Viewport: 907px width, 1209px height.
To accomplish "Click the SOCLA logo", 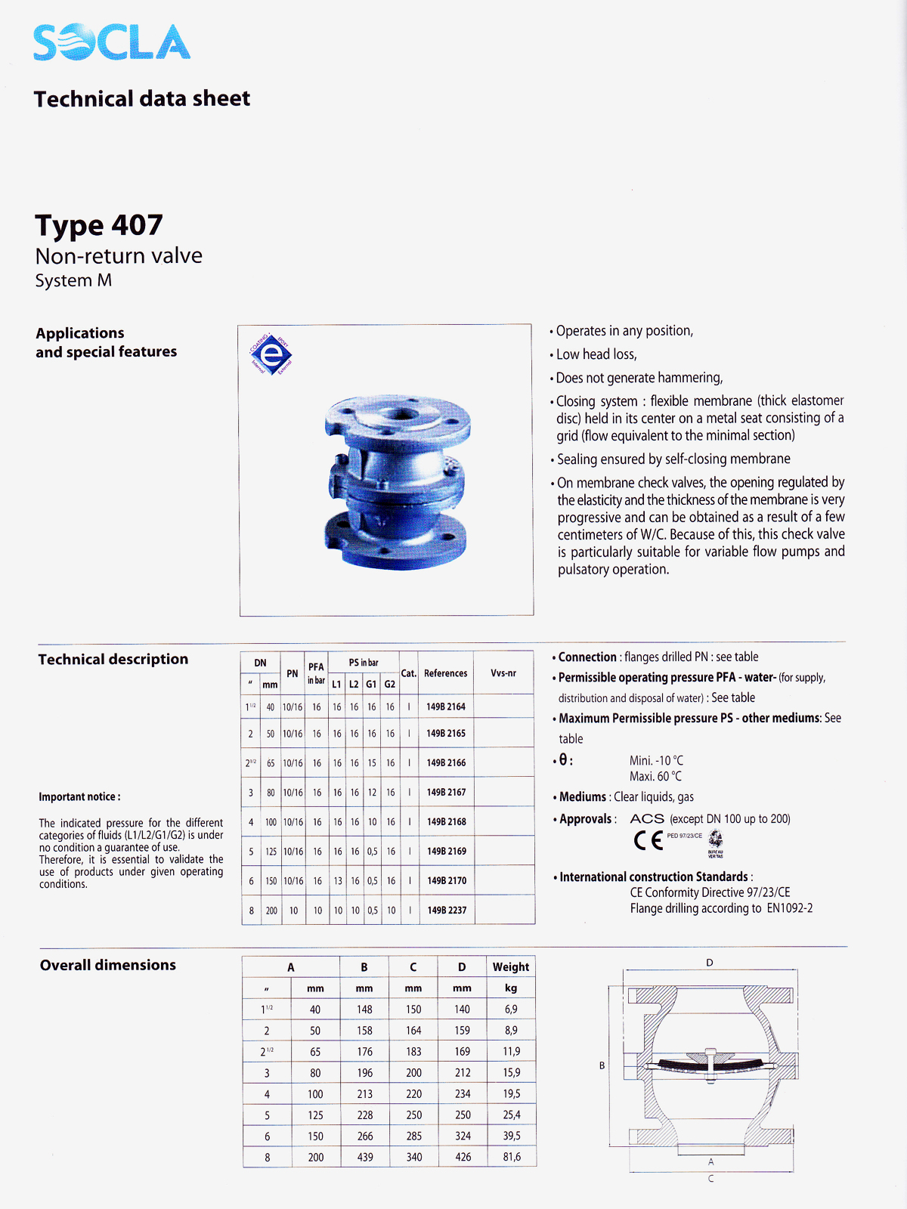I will pos(112,42).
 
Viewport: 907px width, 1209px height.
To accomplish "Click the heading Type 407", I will pos(99,225).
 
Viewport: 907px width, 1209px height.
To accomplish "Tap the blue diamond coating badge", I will pos(271,354).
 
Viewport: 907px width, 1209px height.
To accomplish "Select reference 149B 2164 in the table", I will pos(446,707).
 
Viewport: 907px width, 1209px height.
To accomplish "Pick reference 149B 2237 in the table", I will pos(447,911).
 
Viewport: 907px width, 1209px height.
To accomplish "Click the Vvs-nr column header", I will pos(503,673).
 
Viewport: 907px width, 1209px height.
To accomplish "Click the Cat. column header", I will pos(409,673).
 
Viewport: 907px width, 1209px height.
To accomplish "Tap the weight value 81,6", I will pos(512,1157).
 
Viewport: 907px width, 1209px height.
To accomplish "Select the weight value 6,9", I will pos(511,1010).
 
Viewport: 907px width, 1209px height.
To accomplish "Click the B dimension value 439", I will pos(365,1157).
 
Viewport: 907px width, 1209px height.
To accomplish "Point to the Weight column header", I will pos(511,967).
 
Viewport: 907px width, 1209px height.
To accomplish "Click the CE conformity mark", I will pos(649,840).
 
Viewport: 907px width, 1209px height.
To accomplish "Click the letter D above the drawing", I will pos(710,963).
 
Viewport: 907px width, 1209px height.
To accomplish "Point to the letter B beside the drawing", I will pos(602,1065).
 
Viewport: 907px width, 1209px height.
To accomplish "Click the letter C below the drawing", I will pos(710,1179).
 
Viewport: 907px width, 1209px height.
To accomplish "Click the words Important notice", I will pos(79,797).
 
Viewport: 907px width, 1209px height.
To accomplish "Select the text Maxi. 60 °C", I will pos(655,777).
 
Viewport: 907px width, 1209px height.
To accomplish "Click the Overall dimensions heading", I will pos(108,965).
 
